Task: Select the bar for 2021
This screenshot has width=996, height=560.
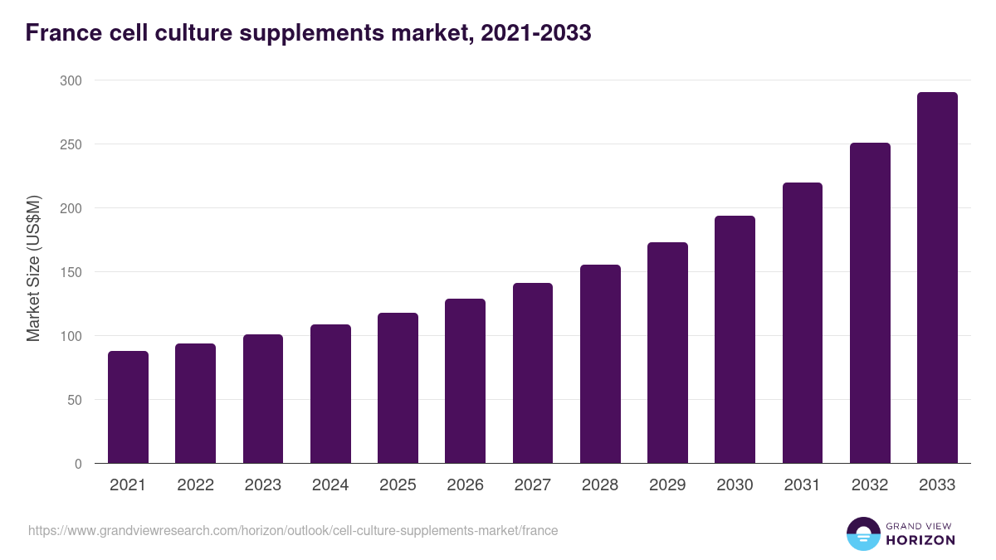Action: tap(128, 407)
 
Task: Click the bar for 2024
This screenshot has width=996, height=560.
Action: tap(330, 394)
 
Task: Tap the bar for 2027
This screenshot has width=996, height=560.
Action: tap(533, 373)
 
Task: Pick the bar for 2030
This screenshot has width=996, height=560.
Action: tap(735, 339)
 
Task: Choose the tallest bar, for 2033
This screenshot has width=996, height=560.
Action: tap(937, 278)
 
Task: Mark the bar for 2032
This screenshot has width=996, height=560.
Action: tap(870, 303)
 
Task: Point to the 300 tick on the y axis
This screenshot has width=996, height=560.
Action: tap(71, 80)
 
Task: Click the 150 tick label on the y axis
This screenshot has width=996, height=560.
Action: tap(71, 272)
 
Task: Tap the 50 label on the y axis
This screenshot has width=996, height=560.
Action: tap(75, 400)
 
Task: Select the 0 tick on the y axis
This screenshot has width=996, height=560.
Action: tap(78, 464)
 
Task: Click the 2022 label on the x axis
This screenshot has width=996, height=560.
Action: tap(195, 485)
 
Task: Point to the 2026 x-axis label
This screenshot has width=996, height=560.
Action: tap(465, 485)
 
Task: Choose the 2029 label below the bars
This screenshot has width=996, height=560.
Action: tap(667, 485)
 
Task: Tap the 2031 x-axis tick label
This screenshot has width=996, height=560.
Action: tap(802, 485)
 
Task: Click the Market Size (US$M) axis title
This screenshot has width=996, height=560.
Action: tap(33, 268)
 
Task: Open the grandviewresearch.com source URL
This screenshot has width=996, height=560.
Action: tap(293, 530)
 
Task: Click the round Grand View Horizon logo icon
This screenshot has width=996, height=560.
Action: tap(863, 533)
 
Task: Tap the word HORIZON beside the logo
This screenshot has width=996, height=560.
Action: tap(920, 540)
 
